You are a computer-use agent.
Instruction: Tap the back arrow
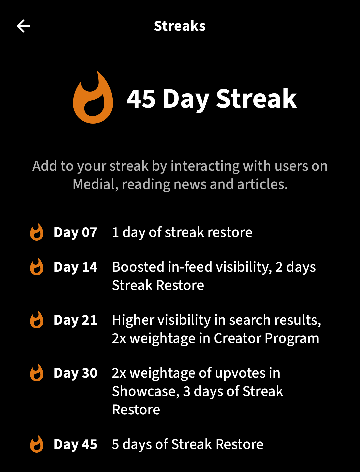23,26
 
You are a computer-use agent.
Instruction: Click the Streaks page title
180,26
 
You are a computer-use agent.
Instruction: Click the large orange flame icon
93,97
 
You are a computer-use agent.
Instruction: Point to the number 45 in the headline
141,99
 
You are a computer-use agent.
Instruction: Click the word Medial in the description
95,184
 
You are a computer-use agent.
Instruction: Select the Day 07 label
75,232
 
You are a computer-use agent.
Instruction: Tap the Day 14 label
75,267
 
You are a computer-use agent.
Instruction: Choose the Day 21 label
75,320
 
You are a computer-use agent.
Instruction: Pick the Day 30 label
75,373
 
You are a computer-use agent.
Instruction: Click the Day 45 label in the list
75,444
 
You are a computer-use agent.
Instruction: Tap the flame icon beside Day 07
37,232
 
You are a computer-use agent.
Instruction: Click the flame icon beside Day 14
37,267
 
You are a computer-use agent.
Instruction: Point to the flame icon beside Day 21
37,320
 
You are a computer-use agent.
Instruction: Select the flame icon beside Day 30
37,373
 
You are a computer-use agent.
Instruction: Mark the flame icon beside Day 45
37,444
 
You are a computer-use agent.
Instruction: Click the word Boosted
138,267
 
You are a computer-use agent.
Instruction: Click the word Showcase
146,391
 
